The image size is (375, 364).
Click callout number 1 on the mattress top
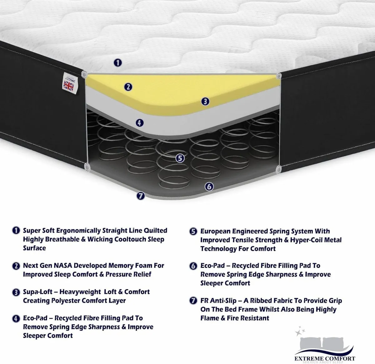click(x=117, y=63)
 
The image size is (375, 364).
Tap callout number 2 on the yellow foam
click(x=128, y=87)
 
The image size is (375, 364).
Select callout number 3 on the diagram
click(x=205, y=101)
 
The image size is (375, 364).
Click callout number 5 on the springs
click(x=180, y=158)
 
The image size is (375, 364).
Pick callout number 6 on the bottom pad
click(x=209, y=187)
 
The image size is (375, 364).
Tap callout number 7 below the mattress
click(x=141, y=196)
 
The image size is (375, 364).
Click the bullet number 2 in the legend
click(x=16, y=266)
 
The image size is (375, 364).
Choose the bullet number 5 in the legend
click(x=193, y=231)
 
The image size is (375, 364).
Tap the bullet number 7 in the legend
click(x=193, y=301)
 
